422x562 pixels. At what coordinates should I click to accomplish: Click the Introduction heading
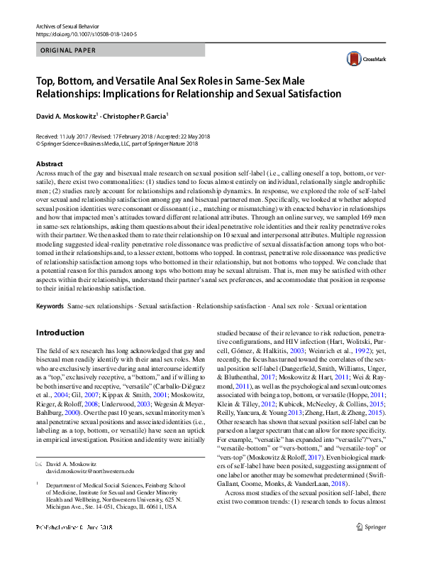(61, 333)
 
